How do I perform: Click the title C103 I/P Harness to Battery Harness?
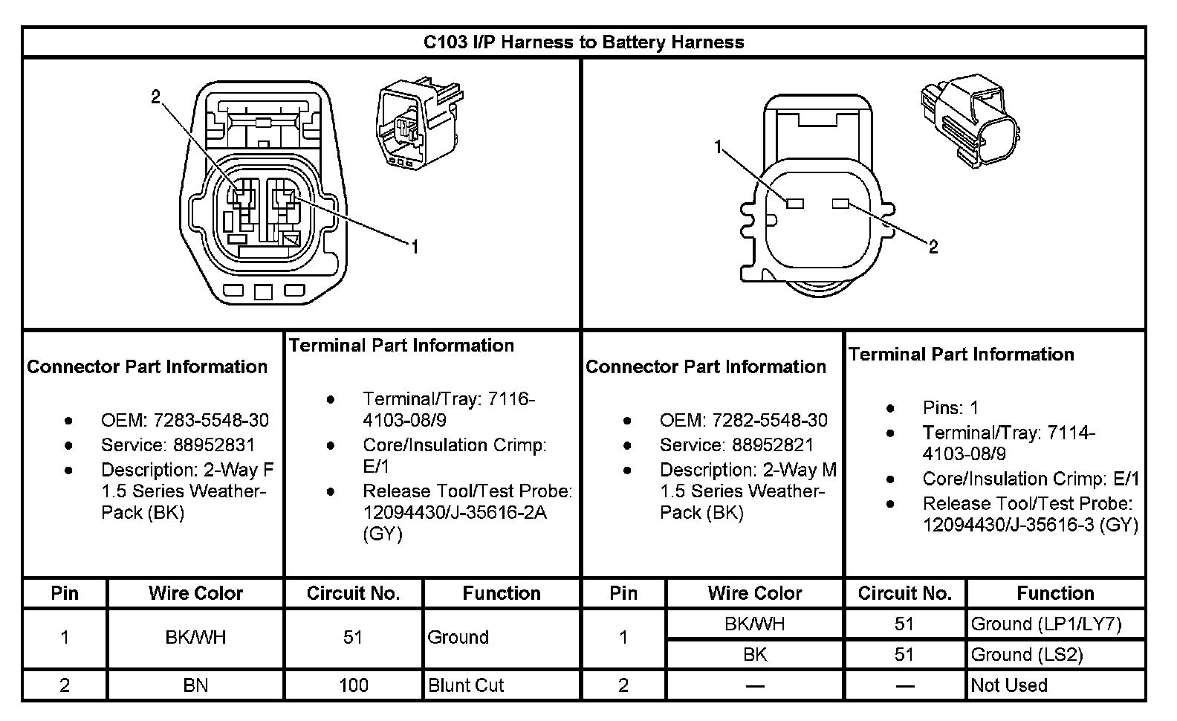coord(583,42)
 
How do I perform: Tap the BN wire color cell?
coord(195,685)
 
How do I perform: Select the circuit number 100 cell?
coord(353,685)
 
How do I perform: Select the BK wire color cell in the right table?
coord(755,654)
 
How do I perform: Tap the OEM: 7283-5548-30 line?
coord(184,420)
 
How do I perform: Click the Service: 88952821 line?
coord(736,444)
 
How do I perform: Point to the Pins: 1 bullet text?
coord(950,407)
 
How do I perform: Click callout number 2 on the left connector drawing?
coord(155,97)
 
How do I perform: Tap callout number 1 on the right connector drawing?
coord(718,147)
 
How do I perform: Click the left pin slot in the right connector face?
coord(794,204)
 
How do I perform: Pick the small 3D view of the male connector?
coord(969,118)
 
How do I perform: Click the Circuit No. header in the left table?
coord(353,593)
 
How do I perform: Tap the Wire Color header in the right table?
coord(755,593)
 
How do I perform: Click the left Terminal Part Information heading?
coord(401,345)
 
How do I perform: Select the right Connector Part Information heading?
coord(705,366)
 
